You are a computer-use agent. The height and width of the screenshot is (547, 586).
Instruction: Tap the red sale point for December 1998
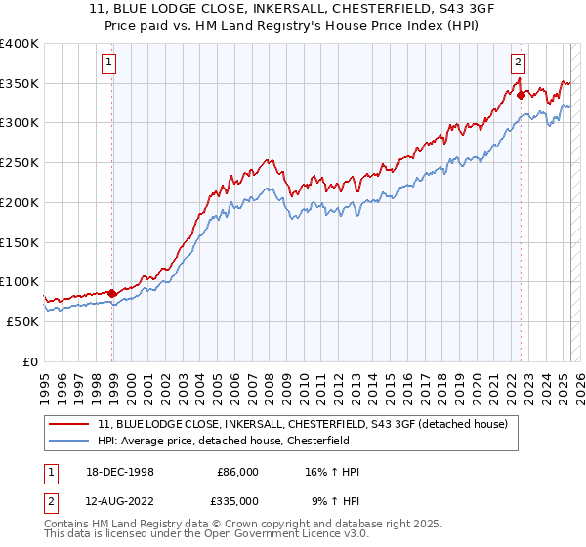[x=111, y=292]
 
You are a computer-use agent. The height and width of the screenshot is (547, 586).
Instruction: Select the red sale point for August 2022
[x=521, y=95]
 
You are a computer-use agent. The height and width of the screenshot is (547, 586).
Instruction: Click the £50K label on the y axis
[x=22, y=321]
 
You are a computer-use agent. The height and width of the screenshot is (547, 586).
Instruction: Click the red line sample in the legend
[x=69, y=425]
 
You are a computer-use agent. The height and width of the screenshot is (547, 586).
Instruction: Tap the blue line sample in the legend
[x=69, y=441]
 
